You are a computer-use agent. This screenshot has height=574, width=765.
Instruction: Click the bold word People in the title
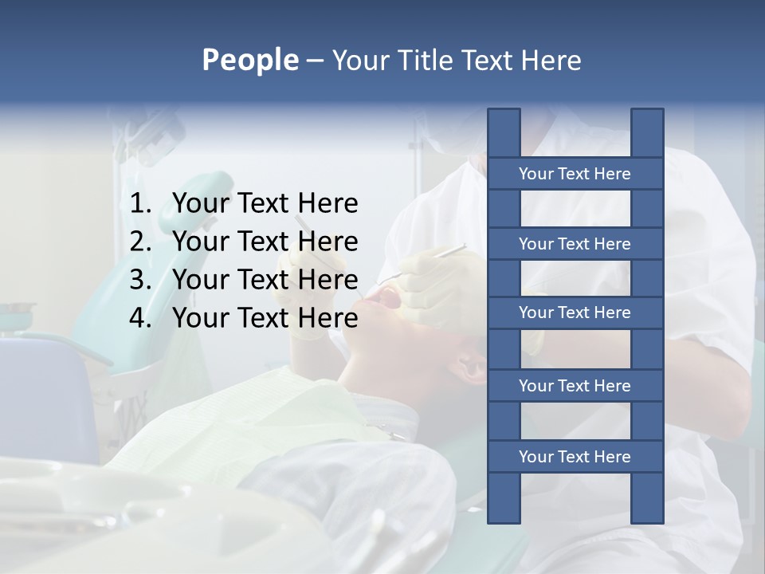[x=249, y=60]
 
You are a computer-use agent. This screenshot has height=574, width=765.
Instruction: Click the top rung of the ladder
[x=575, y=174]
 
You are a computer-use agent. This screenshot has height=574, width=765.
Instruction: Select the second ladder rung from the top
[x=575, y=244]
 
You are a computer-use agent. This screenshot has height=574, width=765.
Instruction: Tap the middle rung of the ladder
[x=575, y=313]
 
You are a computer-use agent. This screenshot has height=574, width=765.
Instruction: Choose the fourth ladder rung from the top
[x=575, y=386]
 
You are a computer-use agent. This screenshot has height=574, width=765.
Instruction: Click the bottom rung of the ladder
[x=575, y=457]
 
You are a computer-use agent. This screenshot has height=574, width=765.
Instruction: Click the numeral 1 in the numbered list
[x=139, y=203]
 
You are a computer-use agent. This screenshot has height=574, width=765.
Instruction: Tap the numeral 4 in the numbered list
[x=139, y=318]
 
